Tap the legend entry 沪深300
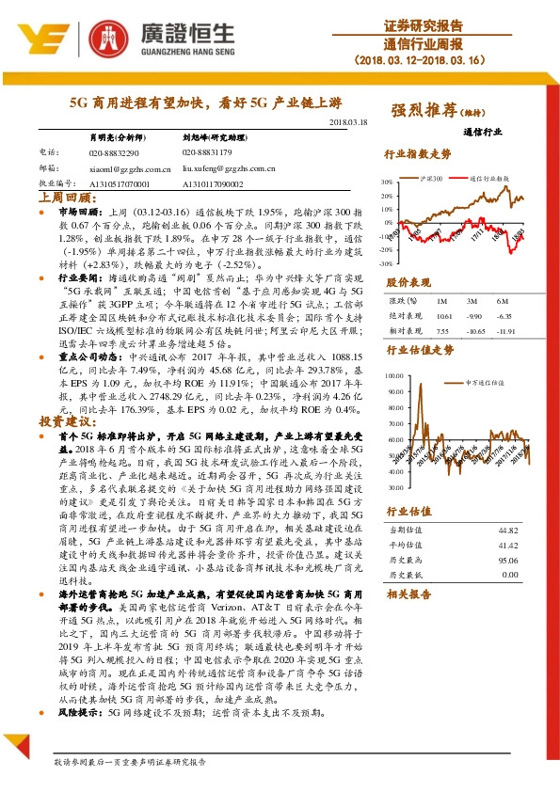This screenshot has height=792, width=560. pyautogui.click(x=432, y=177)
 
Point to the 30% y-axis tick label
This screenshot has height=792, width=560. pyautogui.click(x=387, y=182)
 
